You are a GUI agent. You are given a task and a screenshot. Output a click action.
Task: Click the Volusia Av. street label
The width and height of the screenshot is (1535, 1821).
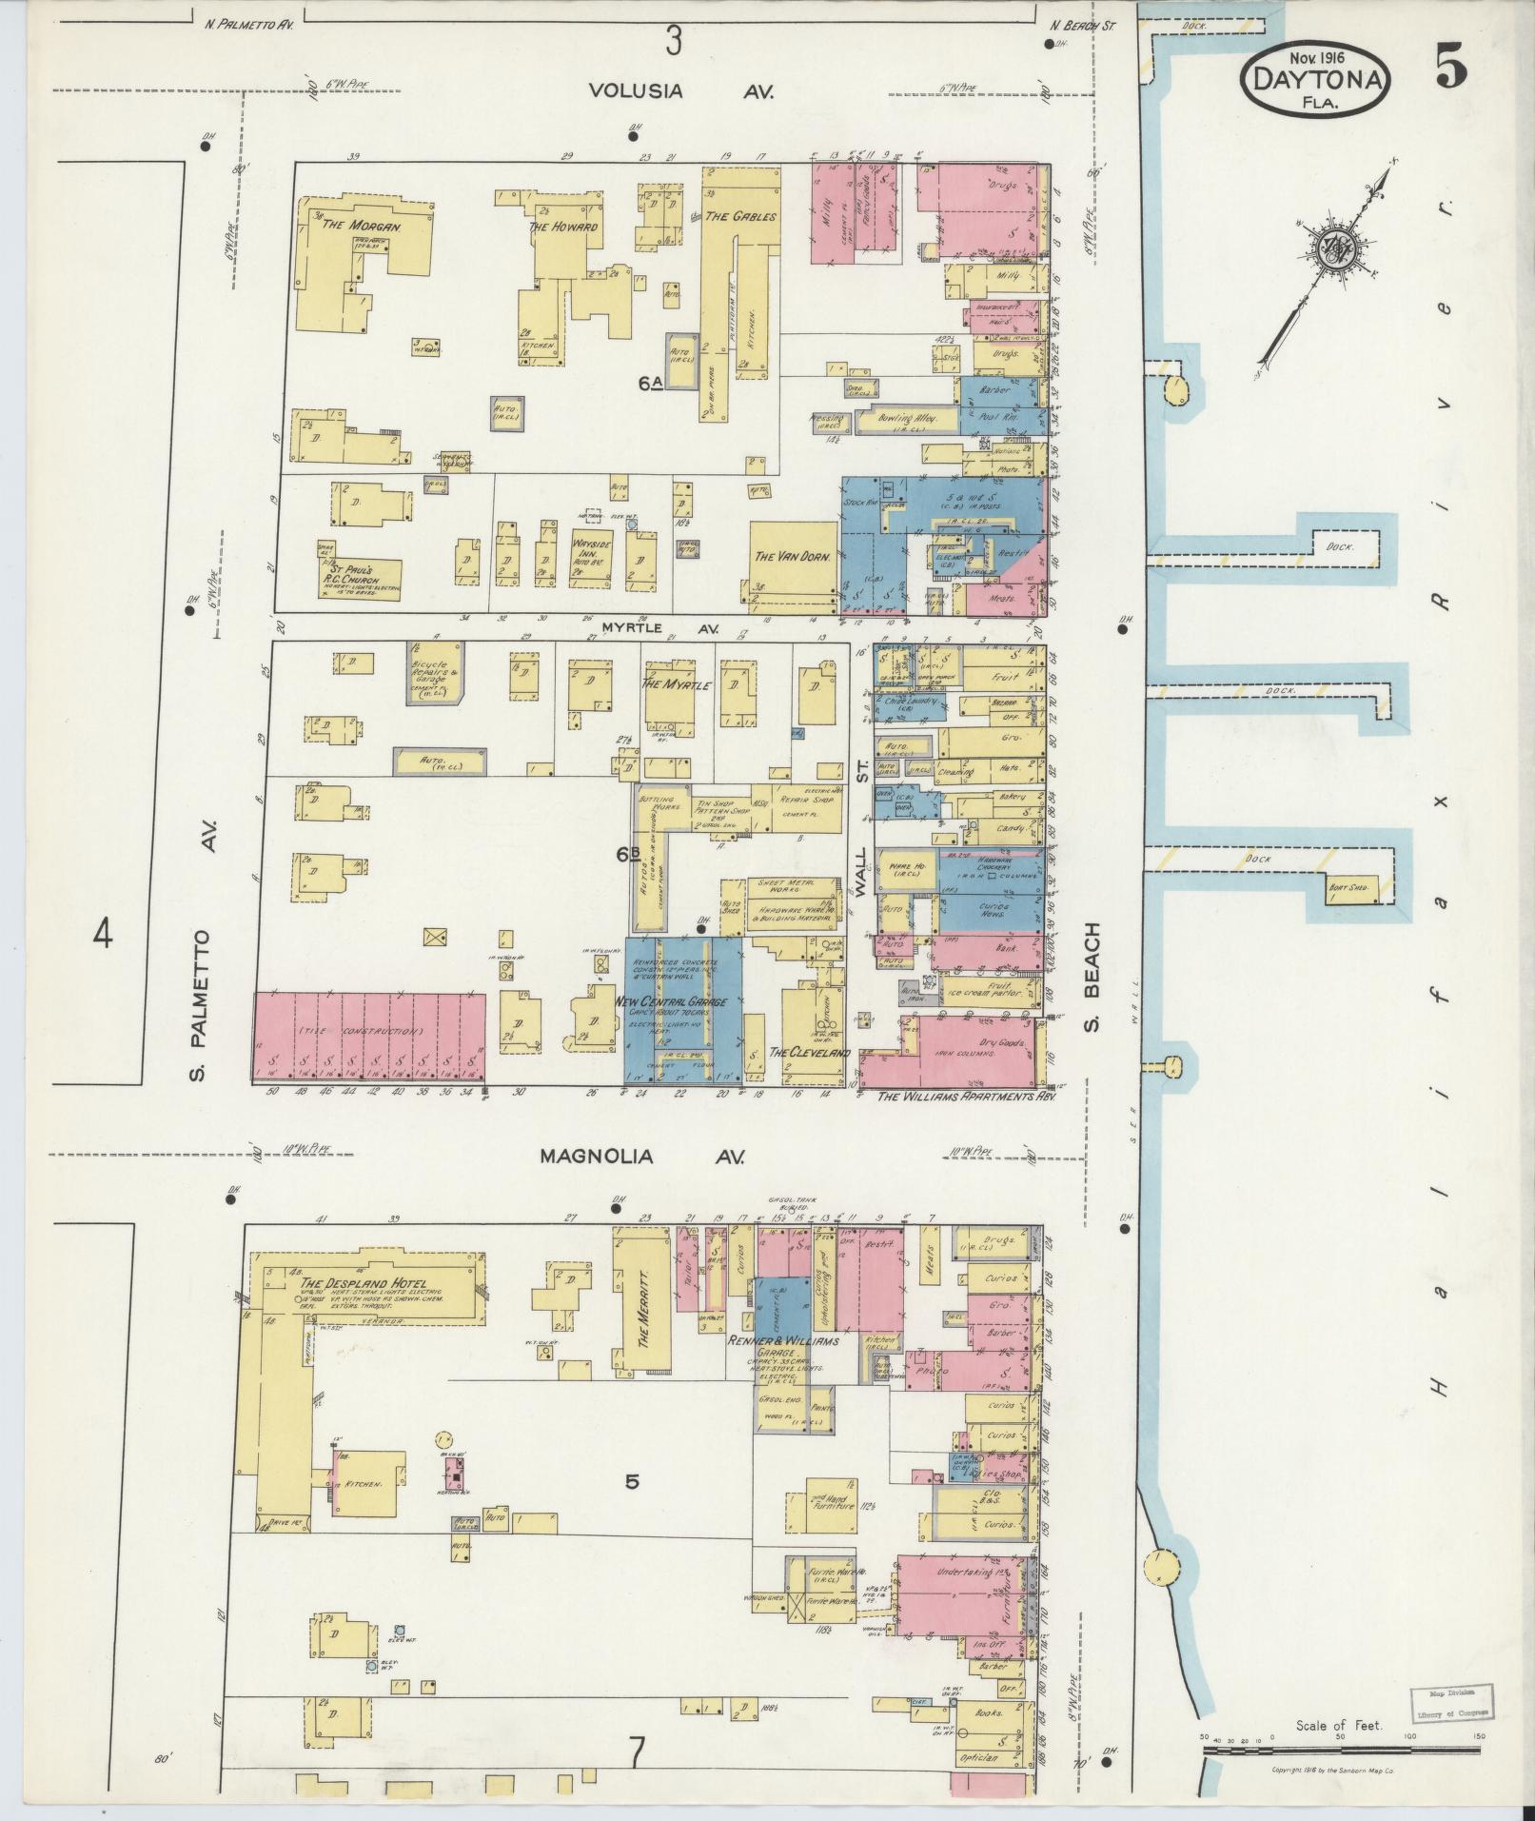coord(679,91)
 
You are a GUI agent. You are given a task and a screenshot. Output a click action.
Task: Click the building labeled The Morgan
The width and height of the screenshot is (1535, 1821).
coord(362,227)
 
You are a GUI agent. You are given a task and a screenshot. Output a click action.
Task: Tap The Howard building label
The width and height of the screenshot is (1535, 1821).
coord(563,227)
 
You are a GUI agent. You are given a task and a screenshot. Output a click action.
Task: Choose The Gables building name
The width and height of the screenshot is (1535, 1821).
coord(740,216)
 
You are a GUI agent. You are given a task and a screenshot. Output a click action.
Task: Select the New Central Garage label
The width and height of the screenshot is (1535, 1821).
coord(671,1002)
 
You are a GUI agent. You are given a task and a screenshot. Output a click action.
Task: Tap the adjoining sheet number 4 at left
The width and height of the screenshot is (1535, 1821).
coord(102,936)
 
